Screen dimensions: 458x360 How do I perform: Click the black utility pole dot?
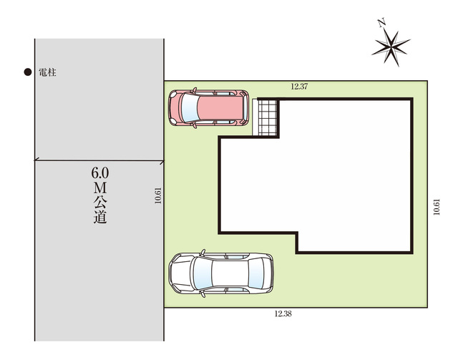point(28,72)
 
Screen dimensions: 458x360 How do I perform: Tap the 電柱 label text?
point(47,72)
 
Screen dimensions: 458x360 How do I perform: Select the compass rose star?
point(391,47)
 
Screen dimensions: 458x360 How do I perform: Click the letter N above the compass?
point(381,22)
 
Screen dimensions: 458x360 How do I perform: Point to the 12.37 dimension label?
point(299,87)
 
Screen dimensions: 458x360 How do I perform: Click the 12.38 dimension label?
point(283,313)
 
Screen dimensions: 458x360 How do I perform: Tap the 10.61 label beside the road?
point(158,195)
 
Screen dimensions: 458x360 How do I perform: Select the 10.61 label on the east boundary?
point(437,207)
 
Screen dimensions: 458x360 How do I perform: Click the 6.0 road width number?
point(100,173)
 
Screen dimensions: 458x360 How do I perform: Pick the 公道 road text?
point(100,210)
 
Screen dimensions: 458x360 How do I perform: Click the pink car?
point(208,108)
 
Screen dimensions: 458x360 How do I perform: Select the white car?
point(221,273)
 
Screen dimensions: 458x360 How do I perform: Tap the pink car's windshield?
point(189,108)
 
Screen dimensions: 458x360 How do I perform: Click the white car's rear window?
point(255,273)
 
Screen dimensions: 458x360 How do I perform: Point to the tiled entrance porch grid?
point(267,118)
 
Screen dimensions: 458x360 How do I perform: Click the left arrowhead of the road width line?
point(36,160)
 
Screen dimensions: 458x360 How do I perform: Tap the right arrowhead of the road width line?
point(162,162)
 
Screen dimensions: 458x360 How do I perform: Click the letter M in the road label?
point(100,188)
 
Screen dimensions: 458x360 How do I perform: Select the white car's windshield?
point(203,273)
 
